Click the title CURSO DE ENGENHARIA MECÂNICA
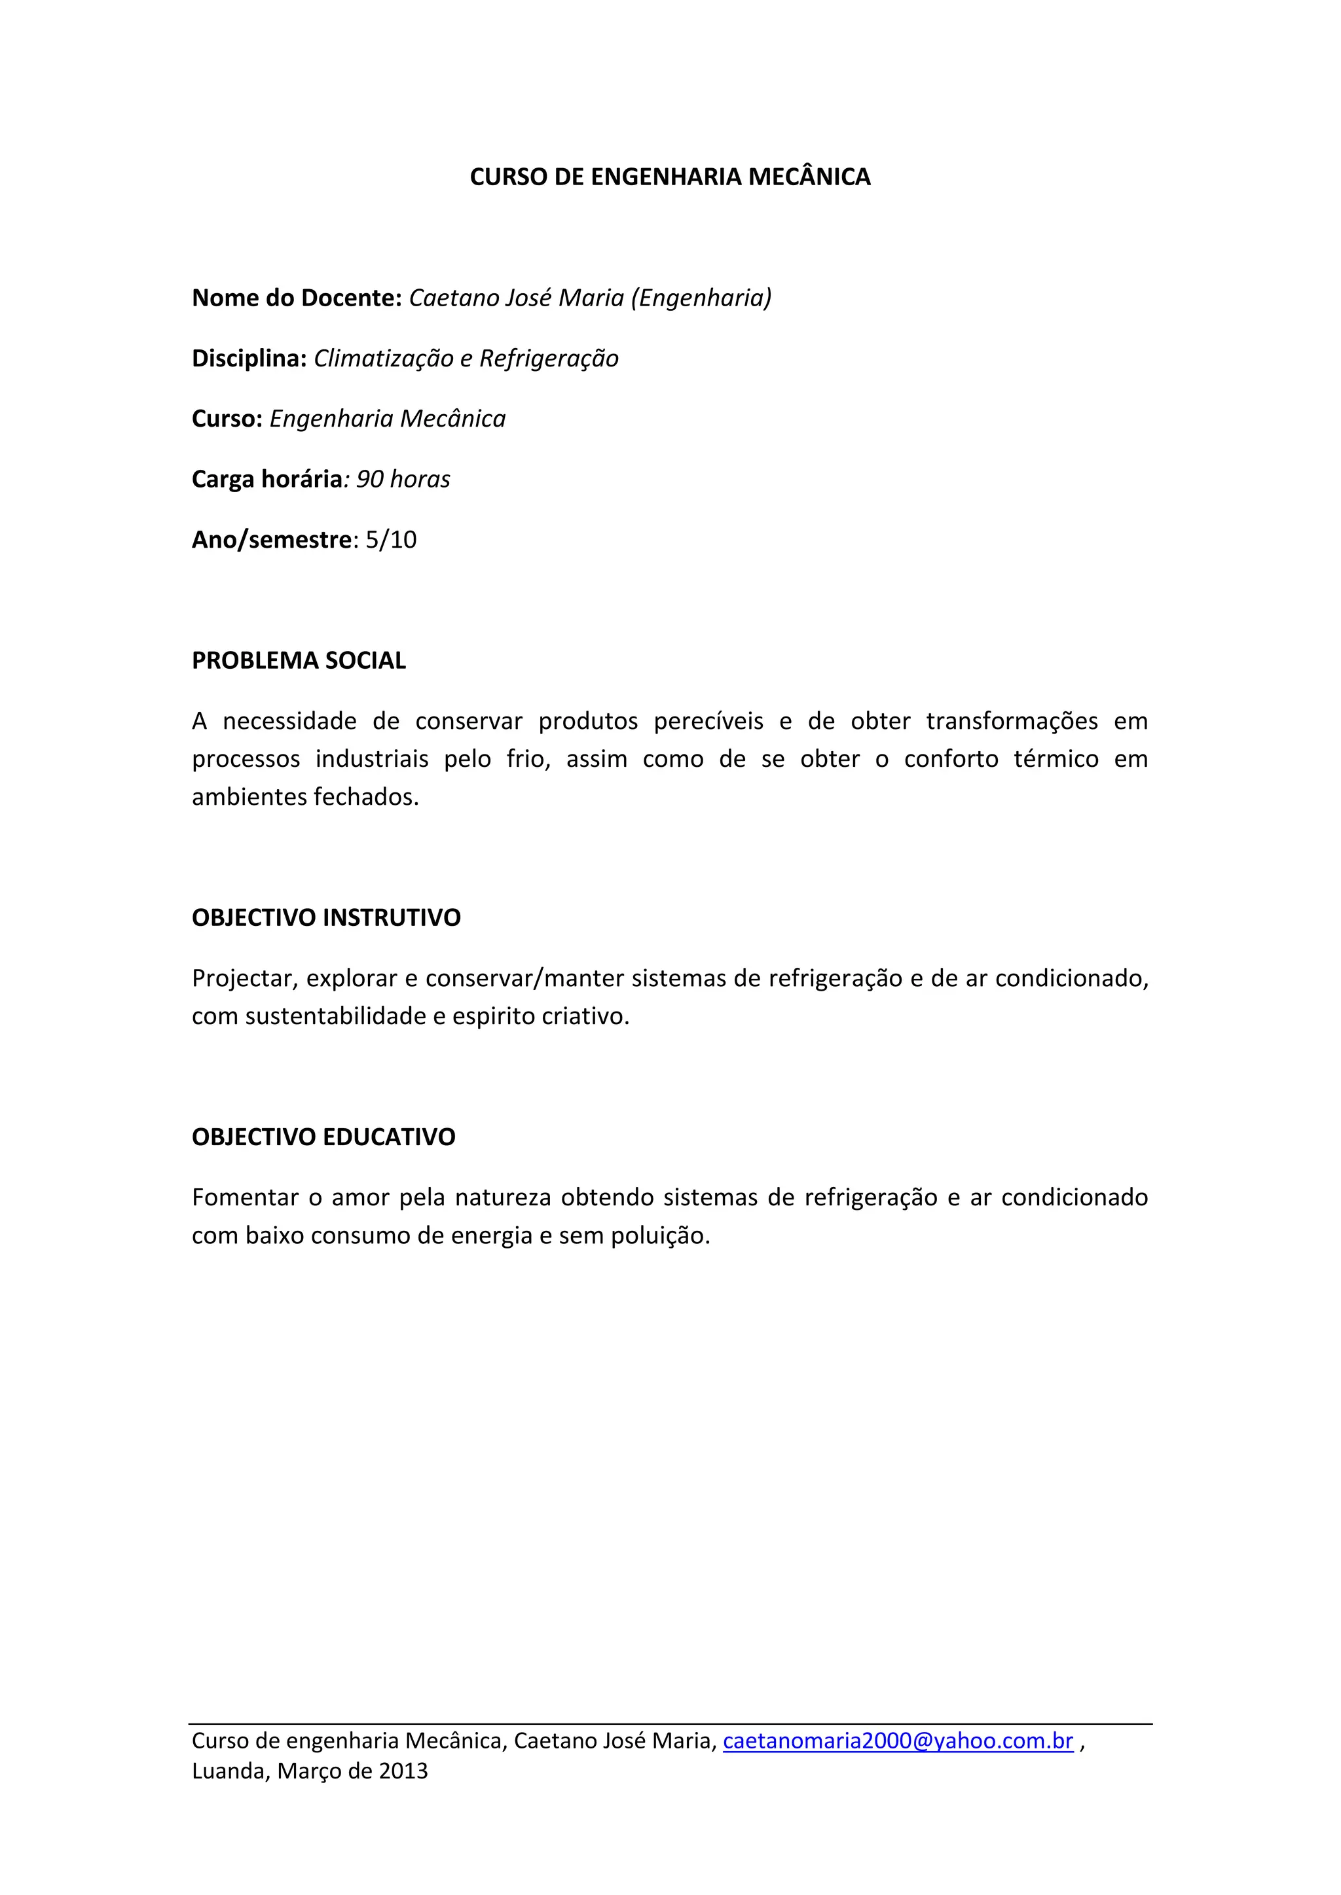(670, 177)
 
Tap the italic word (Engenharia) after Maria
(701, 297)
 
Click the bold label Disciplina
(249, 358)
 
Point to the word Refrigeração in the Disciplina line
(549, 358)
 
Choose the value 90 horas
(403, 479)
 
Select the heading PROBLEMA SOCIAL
(299, 660)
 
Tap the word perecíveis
(708, 721)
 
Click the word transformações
(1012, 721)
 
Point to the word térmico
(1056, 759)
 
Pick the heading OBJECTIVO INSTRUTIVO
(326, 918)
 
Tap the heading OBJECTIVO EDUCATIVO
(323, 1137)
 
